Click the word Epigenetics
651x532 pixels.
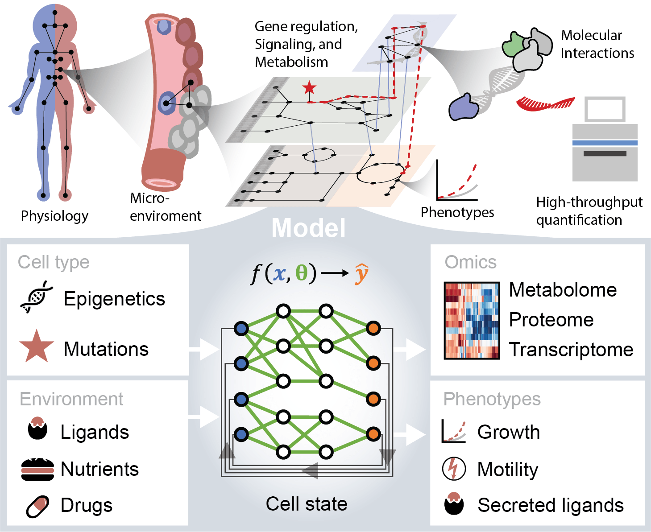(x=114, y=299)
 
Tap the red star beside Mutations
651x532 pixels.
(x=37, y=347)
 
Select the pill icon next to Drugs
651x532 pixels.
(x=37, y=506)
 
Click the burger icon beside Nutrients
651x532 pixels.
(x=37, y=469)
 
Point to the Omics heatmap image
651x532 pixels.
(x=472, y=320)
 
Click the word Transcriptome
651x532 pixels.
(x=571, y=350)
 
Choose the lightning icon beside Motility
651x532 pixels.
(x=454, y=469)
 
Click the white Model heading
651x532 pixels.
(x=308, y=228)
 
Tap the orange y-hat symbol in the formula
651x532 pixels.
(x=361, y=273)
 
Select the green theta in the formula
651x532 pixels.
(x=302, y=273)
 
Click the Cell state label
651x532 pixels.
(x=307, y=504)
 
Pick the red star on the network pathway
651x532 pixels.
(x=309, y=88)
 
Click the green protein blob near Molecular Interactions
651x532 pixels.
(x=514, y=44)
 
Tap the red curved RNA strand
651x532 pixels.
(x=545, y=104)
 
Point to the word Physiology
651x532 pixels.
(x=54, y=216)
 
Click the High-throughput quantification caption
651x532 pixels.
(x=589, y=211)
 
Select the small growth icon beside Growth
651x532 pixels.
(x=454, y=431)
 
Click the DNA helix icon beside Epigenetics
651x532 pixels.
(x=37, y=297)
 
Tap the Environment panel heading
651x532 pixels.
(x=71, y=399)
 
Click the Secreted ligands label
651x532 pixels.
(x=550, y=505)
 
